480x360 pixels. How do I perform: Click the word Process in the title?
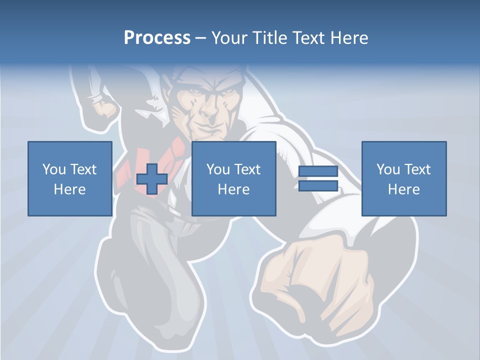[x=157, y=38]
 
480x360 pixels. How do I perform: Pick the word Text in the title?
[x=309, y=38]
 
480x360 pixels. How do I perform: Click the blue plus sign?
[x=152, y=179]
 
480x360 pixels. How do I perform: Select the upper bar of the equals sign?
[x=318, y=171]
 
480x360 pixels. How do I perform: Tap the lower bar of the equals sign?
[x=318, y=186]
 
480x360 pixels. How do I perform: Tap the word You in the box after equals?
[x=388, y=169]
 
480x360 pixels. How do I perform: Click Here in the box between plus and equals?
[x=233, y=189]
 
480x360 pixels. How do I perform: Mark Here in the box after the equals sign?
[x=403, y=189]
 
